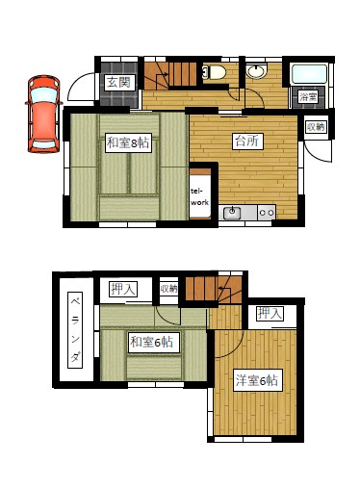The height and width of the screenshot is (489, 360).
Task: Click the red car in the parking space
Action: (x=43, y=114)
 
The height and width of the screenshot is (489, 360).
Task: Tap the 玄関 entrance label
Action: (x=118, y=83)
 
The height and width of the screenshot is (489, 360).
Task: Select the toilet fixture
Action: (x=213, y=72)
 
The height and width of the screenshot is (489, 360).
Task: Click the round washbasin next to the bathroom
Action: (x=256, y=71)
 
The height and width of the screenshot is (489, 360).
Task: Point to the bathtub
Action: (x=308, y=74)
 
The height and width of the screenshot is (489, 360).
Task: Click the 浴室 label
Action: (x=308, y=96)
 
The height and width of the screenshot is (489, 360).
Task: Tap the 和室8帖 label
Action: (x=128, y=142)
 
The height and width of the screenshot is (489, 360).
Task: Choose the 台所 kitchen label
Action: (x=247, y=141)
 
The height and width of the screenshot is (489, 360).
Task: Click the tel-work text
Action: (x=199, y=197)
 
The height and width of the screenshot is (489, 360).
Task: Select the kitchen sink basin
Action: (x=232, y=212)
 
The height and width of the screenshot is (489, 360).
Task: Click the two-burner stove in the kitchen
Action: (x=267, y=213)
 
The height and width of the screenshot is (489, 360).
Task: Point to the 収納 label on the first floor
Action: (x=316, y=127)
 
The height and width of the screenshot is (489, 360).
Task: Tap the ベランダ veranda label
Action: (x=75, y=330)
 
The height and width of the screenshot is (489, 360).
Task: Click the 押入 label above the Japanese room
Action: (x=123, y=289)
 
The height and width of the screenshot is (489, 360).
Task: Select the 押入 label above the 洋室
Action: (x=270, y=313)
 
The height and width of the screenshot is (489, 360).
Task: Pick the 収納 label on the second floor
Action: (x=168, y=289)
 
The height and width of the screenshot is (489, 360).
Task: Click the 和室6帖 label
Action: (x=152, y=342)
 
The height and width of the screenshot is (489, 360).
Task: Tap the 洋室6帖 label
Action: (x=258, y=380)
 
